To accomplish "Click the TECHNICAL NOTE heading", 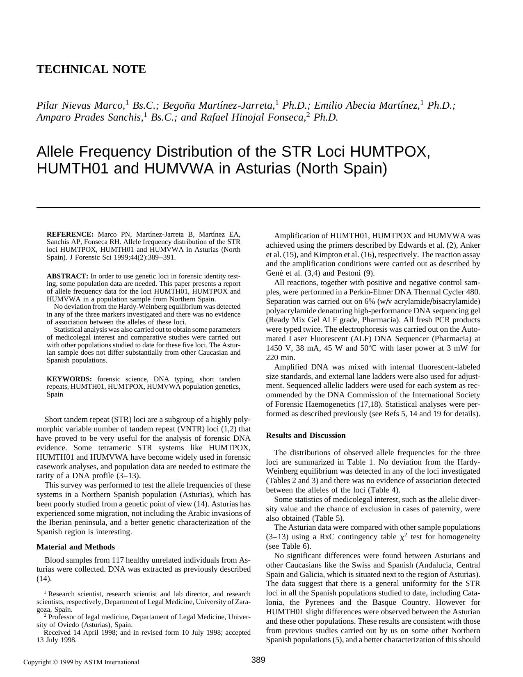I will point(91,69).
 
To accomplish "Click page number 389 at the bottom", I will point(258,660).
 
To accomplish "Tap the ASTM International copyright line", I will point(81,662).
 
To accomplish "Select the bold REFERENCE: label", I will point(70,235).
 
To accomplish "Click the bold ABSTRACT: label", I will point(67,276).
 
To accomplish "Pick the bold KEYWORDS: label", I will point(69,379).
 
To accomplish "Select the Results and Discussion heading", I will point(306,435).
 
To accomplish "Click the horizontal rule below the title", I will point(258,207).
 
